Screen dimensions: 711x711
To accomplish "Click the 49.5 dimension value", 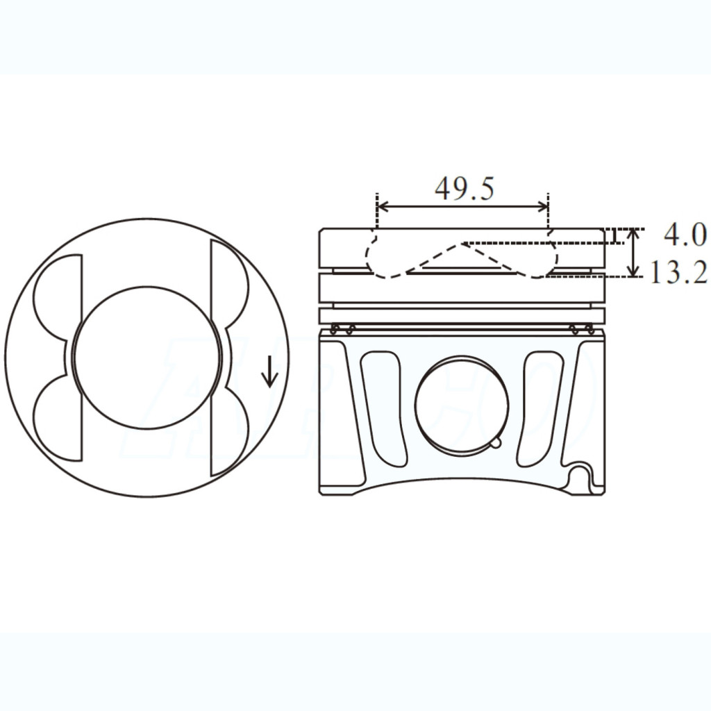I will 465,188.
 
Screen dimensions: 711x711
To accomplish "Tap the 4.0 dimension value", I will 685,235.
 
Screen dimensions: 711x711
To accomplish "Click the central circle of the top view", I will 149,358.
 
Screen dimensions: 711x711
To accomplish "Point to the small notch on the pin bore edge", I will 494,442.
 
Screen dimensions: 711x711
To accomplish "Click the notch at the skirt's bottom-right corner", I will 583,478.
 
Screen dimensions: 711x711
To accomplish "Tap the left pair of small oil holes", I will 343,328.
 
